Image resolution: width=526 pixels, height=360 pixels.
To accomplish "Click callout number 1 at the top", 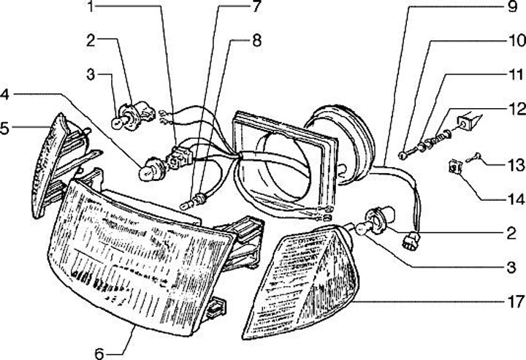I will [x=91, y=9].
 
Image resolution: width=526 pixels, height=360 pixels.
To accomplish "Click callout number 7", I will [x=256, y=9].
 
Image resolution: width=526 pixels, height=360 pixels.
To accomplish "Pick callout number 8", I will [x=256, y=42].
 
